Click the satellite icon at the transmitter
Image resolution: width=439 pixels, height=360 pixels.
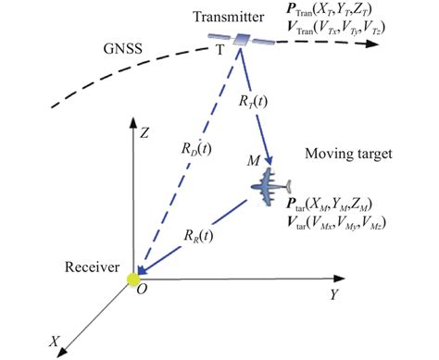click(x=242, y=39)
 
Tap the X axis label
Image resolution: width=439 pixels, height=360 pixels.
click(x=56, y=341)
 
